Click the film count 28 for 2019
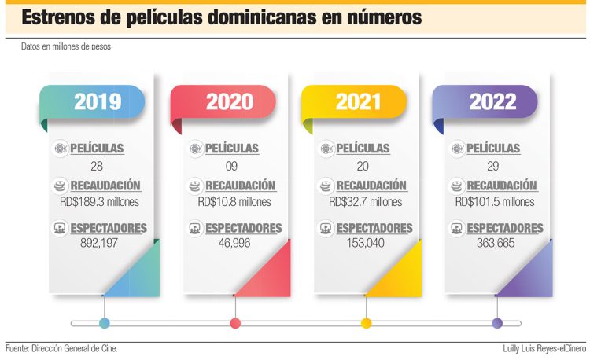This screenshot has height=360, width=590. (x=98, y=166)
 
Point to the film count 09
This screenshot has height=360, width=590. (x=230, y=166)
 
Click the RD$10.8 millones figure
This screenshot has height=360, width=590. (x=234, y=202)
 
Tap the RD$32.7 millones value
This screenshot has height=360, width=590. (x=366, y=202)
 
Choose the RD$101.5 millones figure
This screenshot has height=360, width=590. (x=495, y=202)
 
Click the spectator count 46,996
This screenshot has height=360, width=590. (x=234, y=244)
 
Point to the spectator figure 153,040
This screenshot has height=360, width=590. (x=366, y=244)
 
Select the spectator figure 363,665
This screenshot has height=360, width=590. (x=496, y=244)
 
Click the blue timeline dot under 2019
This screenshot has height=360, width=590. (x=105, y=323)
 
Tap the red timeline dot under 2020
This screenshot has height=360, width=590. (x=234, y=323)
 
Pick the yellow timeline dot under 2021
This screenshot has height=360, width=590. (x=366, y=323)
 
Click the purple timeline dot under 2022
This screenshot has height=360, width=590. (x=497, y=323)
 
